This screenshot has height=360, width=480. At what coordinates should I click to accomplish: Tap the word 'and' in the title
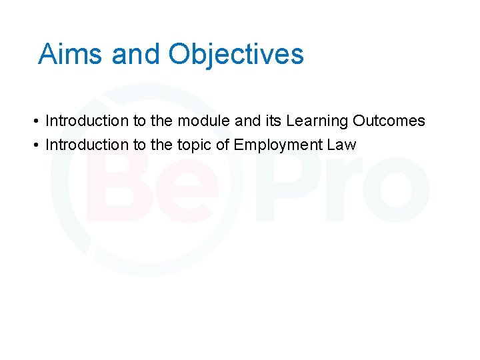(x=136, y=54)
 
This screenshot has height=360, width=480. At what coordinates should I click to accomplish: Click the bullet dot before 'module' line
(x=33, y=121)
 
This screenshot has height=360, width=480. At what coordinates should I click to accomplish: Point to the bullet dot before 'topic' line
(x=33, y=145)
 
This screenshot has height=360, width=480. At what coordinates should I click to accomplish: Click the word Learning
(x=317, y=121)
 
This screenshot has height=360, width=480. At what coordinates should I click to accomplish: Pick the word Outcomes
(x=389, y=121)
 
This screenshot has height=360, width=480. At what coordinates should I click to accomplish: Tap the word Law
(x=341, y=145)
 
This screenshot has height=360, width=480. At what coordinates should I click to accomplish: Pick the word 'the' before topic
(x=162, y=145)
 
